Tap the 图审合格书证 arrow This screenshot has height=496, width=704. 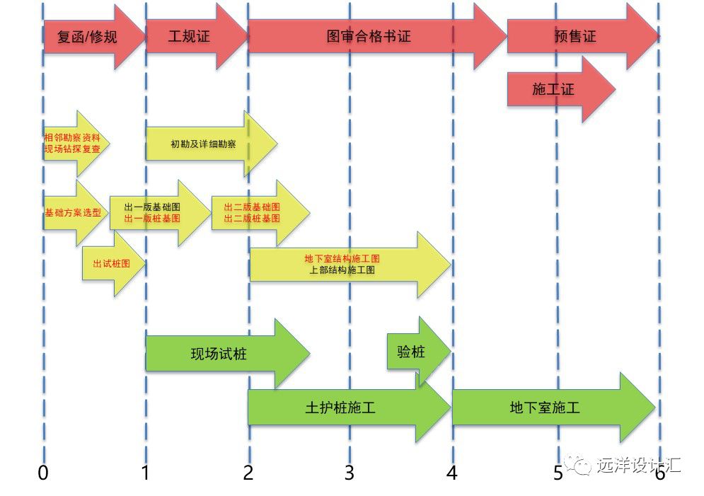369,37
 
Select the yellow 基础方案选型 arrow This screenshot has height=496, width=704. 71,213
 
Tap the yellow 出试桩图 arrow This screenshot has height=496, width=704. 112,263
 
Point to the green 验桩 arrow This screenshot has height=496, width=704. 413,352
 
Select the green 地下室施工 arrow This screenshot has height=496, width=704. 545,408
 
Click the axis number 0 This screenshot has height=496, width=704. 44,473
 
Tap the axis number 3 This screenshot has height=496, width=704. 349,473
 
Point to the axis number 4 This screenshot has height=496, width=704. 451,473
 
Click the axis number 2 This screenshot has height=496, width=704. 248,473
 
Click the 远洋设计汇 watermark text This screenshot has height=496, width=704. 637,465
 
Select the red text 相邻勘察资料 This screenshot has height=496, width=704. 72,137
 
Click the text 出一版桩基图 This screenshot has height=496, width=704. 152,219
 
